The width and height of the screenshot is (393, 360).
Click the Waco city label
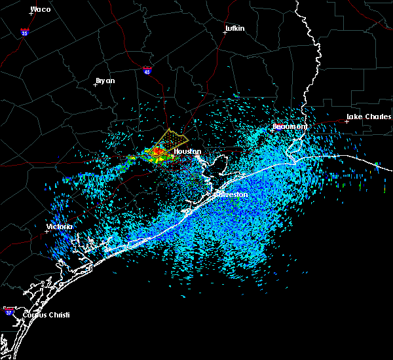pyautogui.click(x=41, y=9)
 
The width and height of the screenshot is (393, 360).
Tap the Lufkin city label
pyautogui.click(x=234, y=28)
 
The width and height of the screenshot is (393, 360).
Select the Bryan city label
pyautogui.click(x=105, y=81)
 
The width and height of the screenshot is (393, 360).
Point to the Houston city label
pyautogui.click(x=187, y=151)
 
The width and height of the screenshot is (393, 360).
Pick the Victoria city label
pyautogui.click(x=59, y=227)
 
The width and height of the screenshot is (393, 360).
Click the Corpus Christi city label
pyautogui.click(x=46, y=315)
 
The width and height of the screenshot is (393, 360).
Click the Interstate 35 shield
pyautogui.click(x=24, y=31)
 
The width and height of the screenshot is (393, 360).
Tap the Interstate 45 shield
pyautogui.click(x=148, y=68)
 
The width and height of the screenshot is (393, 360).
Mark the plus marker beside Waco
pyautogui.click(x=31, y=13)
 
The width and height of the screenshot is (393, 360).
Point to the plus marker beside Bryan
pyautogui.click(x=95, y=84)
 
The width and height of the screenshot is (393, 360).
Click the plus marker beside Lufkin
pyautogui.click(x=225, y=32)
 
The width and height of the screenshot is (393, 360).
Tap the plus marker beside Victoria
pyautogui.click(x=47, y=231)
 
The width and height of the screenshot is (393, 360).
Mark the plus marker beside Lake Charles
pyautogui.click(x=347, y=121)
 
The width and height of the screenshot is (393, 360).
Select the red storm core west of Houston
pyautogui.click(x=157, y=154)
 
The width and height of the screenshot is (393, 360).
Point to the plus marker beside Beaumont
pyautogui.click(x=274, y=129)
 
